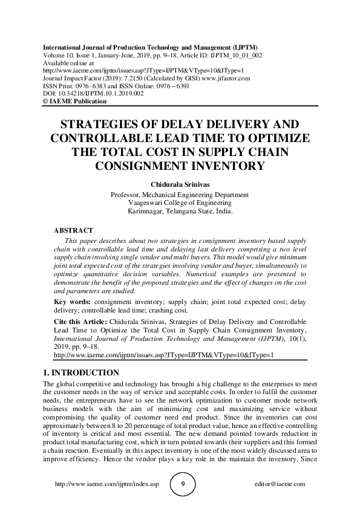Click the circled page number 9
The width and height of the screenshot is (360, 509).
[180, 484]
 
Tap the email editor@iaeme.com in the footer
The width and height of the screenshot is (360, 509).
[281, 484]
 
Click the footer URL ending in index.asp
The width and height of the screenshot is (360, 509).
[106, 484]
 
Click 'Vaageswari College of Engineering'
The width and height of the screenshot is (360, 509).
[180, 204]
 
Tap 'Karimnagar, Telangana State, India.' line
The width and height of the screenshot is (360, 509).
[180, 212]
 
